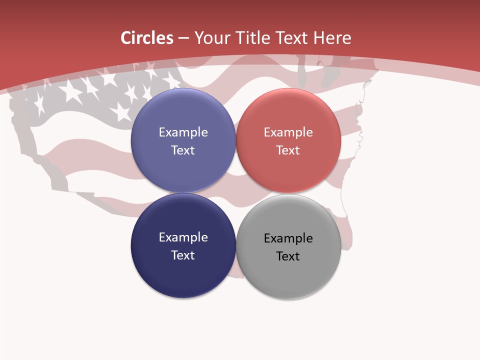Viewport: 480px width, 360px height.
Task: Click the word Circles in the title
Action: [146, 38]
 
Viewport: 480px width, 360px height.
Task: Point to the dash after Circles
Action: [183, 38]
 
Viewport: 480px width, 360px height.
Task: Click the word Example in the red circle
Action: [288, 132]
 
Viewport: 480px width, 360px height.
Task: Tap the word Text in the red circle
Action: [288, 150]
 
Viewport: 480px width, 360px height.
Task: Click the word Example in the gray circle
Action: [288, 238]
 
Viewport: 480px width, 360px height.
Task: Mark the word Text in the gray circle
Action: [288, 256]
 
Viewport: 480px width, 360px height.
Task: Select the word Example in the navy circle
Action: [183, 237]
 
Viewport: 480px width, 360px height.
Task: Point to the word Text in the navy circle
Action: [183, 255]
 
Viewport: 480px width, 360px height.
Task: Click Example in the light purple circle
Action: [183, 132]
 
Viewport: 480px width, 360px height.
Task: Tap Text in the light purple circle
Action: [183, 150]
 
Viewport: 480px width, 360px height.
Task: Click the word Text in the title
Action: [292, 38]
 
